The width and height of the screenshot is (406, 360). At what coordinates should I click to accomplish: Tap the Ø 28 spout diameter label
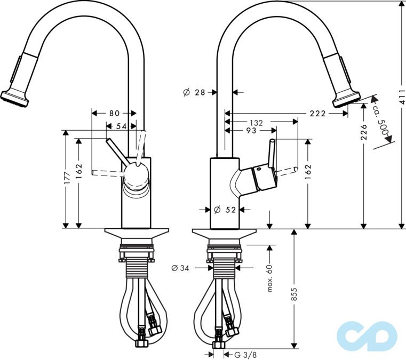click(x=194, y=92)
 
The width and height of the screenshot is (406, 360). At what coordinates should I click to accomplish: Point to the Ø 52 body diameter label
click(x=225, y=210)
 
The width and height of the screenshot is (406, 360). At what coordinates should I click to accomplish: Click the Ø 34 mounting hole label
click(x=180, y=268)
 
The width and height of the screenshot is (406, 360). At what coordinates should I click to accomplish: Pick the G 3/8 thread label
click(x=238, y=354)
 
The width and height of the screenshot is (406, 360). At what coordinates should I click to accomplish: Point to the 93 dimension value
click(x=251, y=130)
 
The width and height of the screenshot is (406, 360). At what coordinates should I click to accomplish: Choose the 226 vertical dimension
click(x=364, y=133)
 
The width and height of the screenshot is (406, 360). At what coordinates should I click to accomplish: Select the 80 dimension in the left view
click(x=114, y=113)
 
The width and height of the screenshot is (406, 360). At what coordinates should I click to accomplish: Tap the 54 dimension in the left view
click(x=121, y=126)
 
